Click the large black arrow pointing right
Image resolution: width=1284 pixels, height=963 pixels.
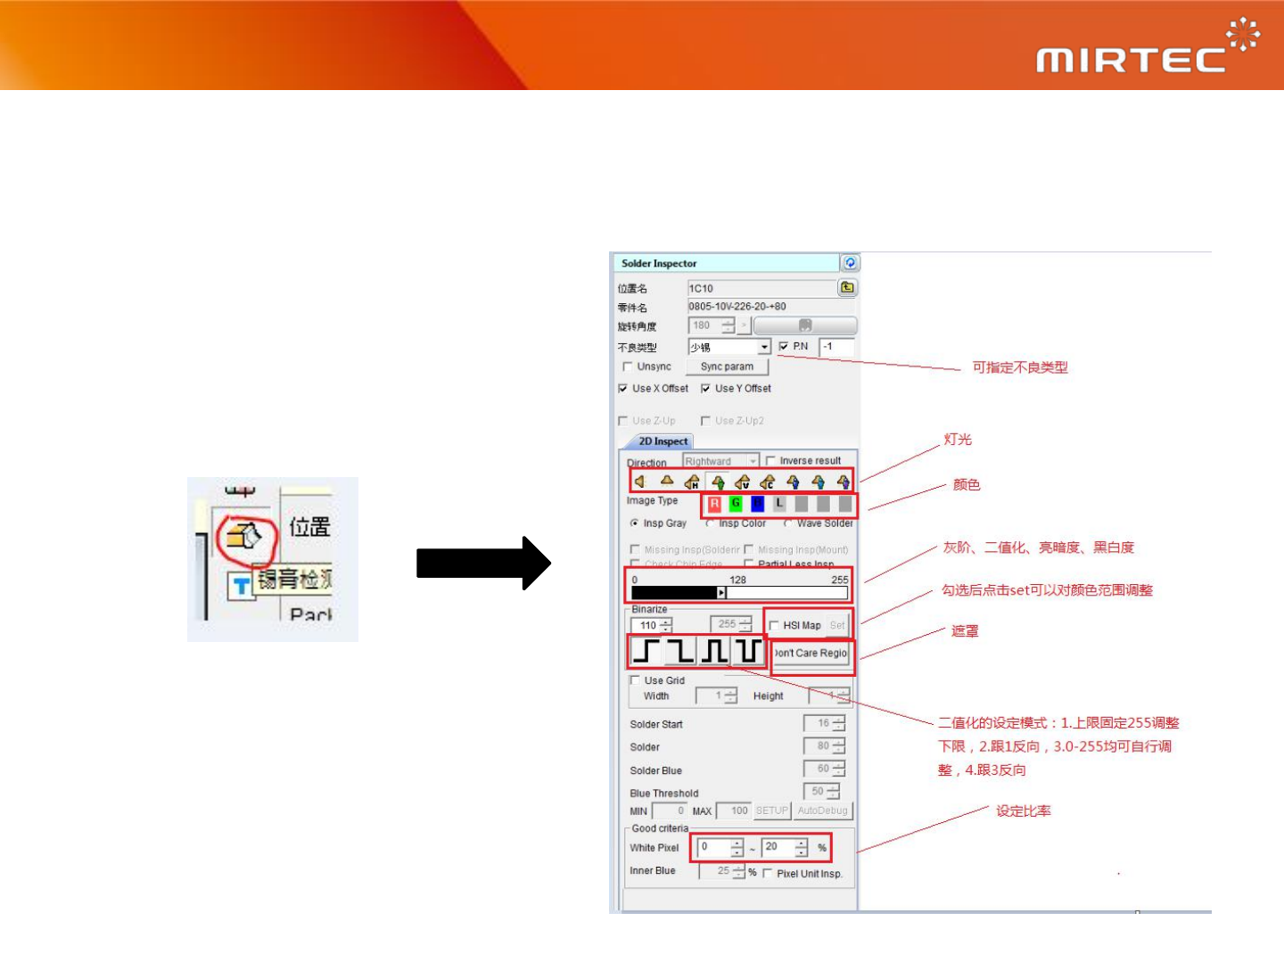482,563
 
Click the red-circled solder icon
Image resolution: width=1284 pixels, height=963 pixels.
243,537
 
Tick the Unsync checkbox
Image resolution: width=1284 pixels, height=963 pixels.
628,366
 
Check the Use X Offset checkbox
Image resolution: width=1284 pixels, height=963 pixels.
623,389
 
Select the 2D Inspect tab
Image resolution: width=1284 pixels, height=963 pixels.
663,441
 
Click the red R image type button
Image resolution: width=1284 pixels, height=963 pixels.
714,504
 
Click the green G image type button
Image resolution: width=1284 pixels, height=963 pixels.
736,504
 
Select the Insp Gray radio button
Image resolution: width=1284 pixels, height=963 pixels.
634,523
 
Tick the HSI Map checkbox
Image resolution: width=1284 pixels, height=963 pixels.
774,625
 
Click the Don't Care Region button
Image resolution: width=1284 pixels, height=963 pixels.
811,654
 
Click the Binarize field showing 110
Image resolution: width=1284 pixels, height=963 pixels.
646,626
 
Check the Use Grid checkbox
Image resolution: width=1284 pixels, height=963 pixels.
635,680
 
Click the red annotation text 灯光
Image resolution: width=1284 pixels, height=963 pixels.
958,440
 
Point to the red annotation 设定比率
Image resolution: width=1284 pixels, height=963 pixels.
1023,811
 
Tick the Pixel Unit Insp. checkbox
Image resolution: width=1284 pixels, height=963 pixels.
768,874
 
